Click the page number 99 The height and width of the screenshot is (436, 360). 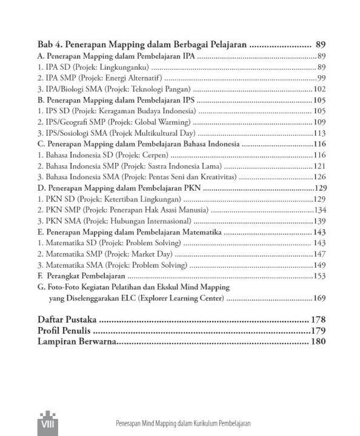(x=322, y=78)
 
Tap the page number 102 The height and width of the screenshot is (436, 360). (x=319, y=89)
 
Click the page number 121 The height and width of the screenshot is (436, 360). (x=319, y=166)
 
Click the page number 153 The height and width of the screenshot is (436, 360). (x=319, y=276)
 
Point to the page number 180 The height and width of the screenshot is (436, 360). (x=318, y=342)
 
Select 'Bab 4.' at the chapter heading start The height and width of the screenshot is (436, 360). (x=49, y=45)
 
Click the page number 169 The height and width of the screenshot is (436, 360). (x=319, y=299)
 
